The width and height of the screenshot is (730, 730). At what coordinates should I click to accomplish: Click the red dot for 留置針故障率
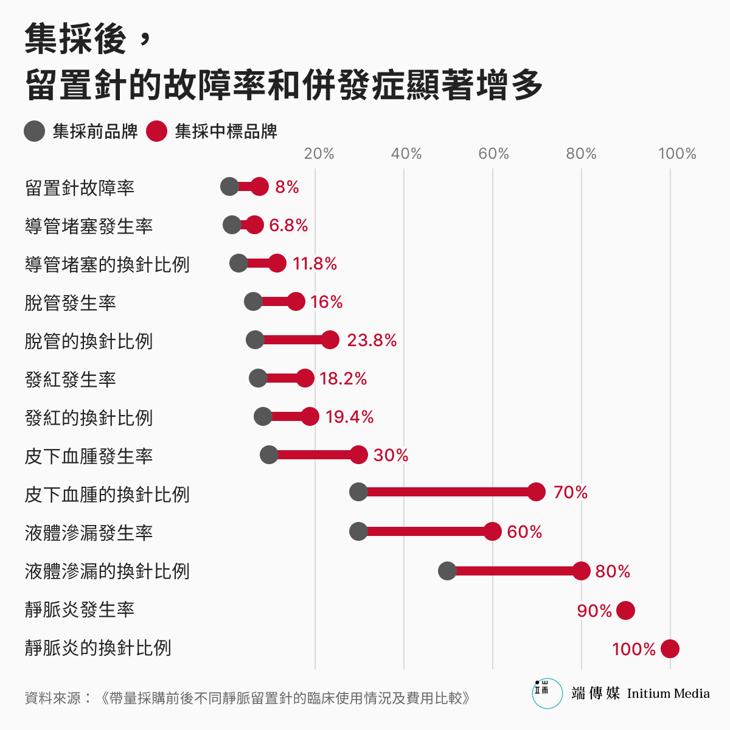[260, 187]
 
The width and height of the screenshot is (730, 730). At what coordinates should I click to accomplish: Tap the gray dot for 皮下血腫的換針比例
[358, 492]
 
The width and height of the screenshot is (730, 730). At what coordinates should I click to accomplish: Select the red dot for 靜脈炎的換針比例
[670, 649]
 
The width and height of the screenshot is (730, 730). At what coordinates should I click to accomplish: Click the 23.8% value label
[372, 340]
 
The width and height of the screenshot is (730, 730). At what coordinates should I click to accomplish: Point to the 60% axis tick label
[493, 153]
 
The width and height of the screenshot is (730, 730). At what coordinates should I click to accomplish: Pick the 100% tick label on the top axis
[677, 153]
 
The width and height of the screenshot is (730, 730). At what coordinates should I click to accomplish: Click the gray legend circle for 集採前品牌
[35, 131]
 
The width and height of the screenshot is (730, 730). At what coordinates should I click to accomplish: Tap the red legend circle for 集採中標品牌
[157, 131]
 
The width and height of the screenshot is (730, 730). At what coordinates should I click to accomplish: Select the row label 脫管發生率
[71, 302]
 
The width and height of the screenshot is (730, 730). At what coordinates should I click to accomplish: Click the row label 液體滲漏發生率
[89, 532]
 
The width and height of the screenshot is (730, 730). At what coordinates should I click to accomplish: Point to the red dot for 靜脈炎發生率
[625, 610]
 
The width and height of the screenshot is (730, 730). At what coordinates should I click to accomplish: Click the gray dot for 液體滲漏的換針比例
[447, 571]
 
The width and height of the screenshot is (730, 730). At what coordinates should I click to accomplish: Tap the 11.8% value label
[315, 263]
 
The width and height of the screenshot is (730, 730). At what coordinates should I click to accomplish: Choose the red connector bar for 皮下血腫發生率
[313, 454]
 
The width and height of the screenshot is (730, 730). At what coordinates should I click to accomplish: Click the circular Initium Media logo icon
[547, 693]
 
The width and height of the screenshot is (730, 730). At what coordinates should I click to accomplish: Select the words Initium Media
[668, 693]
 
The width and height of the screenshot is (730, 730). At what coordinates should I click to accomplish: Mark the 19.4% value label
[349, 417]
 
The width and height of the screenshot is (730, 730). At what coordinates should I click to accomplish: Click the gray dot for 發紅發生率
[258, 378]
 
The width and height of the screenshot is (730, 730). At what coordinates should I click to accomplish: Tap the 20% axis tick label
[319, 153]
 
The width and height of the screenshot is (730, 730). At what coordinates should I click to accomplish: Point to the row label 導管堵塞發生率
[89, 226]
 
